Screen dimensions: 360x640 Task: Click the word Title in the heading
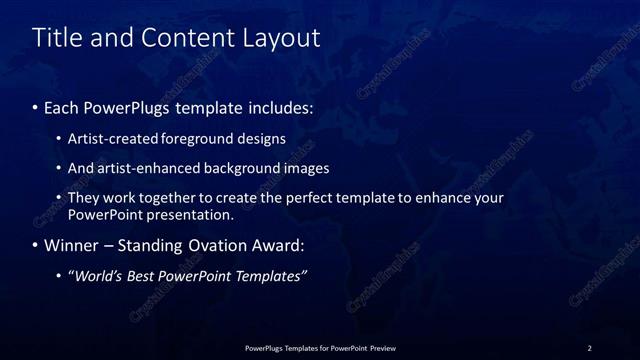[56, 39]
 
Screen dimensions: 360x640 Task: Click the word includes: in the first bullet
[281, 105]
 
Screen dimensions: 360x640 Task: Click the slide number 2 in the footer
[589, 348]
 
